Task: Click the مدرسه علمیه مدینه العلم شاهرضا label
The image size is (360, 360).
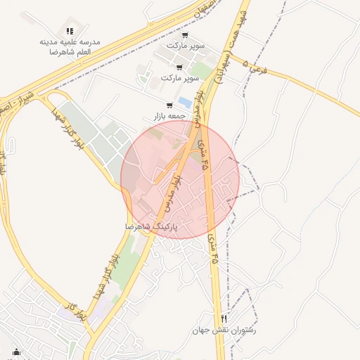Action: [x=70, y=47]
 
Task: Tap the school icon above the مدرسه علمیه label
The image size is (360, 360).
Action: [x=69, y=31]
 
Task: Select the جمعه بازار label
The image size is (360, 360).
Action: [x=169, y=115]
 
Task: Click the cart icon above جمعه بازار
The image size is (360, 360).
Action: [x=169, y=105]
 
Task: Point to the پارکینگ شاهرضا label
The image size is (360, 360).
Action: [x=151, y=227]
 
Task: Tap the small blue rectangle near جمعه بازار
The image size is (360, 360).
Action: [x=185, y=102]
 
